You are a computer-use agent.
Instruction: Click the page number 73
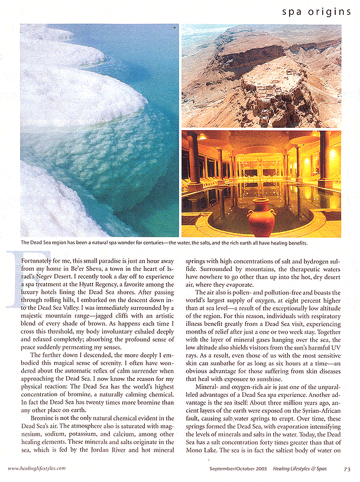(346, 468)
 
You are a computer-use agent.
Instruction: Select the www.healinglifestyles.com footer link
(37, 468)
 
